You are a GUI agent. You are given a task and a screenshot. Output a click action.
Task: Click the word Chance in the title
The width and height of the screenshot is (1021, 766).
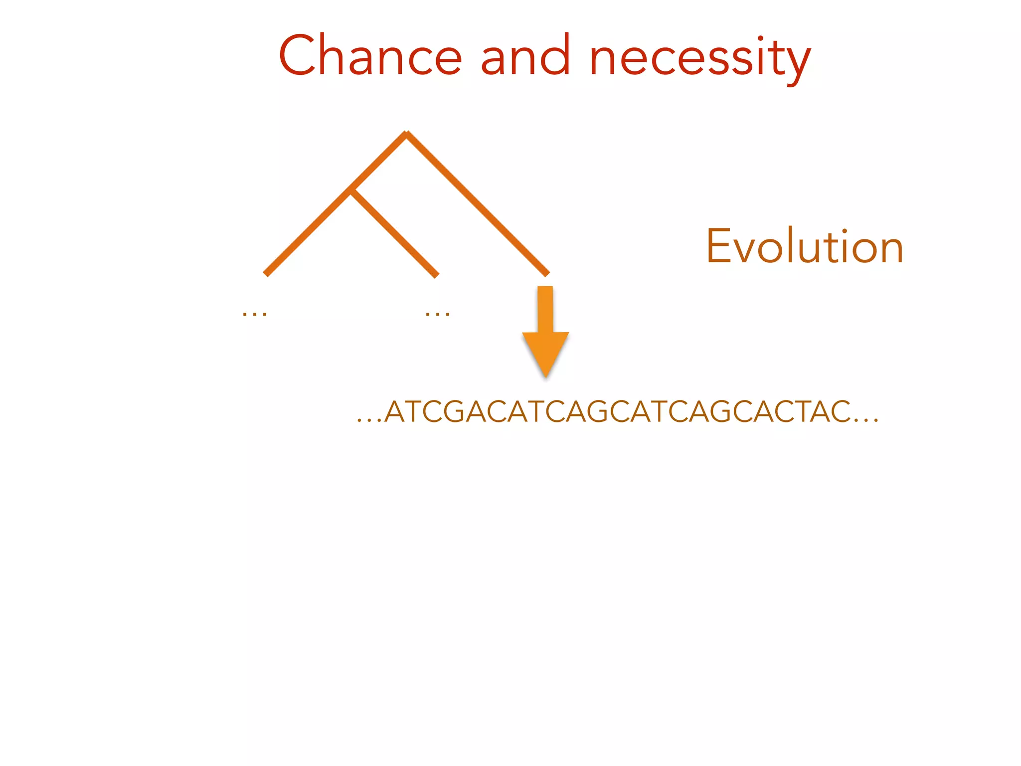[x=370, y=56]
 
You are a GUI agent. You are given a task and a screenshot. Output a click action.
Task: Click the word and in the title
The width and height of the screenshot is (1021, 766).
[x=525, y=56]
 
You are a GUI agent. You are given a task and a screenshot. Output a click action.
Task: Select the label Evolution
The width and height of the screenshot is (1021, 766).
[x=804, y=246]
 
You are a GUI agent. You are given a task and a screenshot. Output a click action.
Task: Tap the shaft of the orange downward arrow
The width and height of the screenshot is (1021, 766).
[x=545, y=309]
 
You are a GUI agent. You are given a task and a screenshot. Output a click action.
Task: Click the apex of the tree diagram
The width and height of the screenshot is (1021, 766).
[x=407, y=133]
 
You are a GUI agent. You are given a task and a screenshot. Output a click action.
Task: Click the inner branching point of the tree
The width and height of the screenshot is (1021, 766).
[x=351, y=191]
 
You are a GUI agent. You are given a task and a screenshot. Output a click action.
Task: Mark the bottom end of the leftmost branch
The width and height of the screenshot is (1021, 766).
[x=266, y=274]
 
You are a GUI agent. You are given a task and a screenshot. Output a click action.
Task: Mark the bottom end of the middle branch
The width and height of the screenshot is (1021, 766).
[x=437, y=275]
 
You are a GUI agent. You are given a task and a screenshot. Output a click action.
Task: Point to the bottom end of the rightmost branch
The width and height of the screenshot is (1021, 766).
[x=547, y=274]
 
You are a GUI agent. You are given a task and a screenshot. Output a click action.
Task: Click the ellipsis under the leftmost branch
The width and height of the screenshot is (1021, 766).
[x=254, y=314]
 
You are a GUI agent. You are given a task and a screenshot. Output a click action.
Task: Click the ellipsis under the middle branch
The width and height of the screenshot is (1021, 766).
[x=438, y=314]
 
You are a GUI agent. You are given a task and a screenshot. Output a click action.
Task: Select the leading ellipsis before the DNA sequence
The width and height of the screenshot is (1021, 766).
[x=369, y=421]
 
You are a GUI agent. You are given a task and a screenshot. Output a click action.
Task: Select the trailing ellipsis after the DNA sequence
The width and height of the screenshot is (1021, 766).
[x=866, y=421]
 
